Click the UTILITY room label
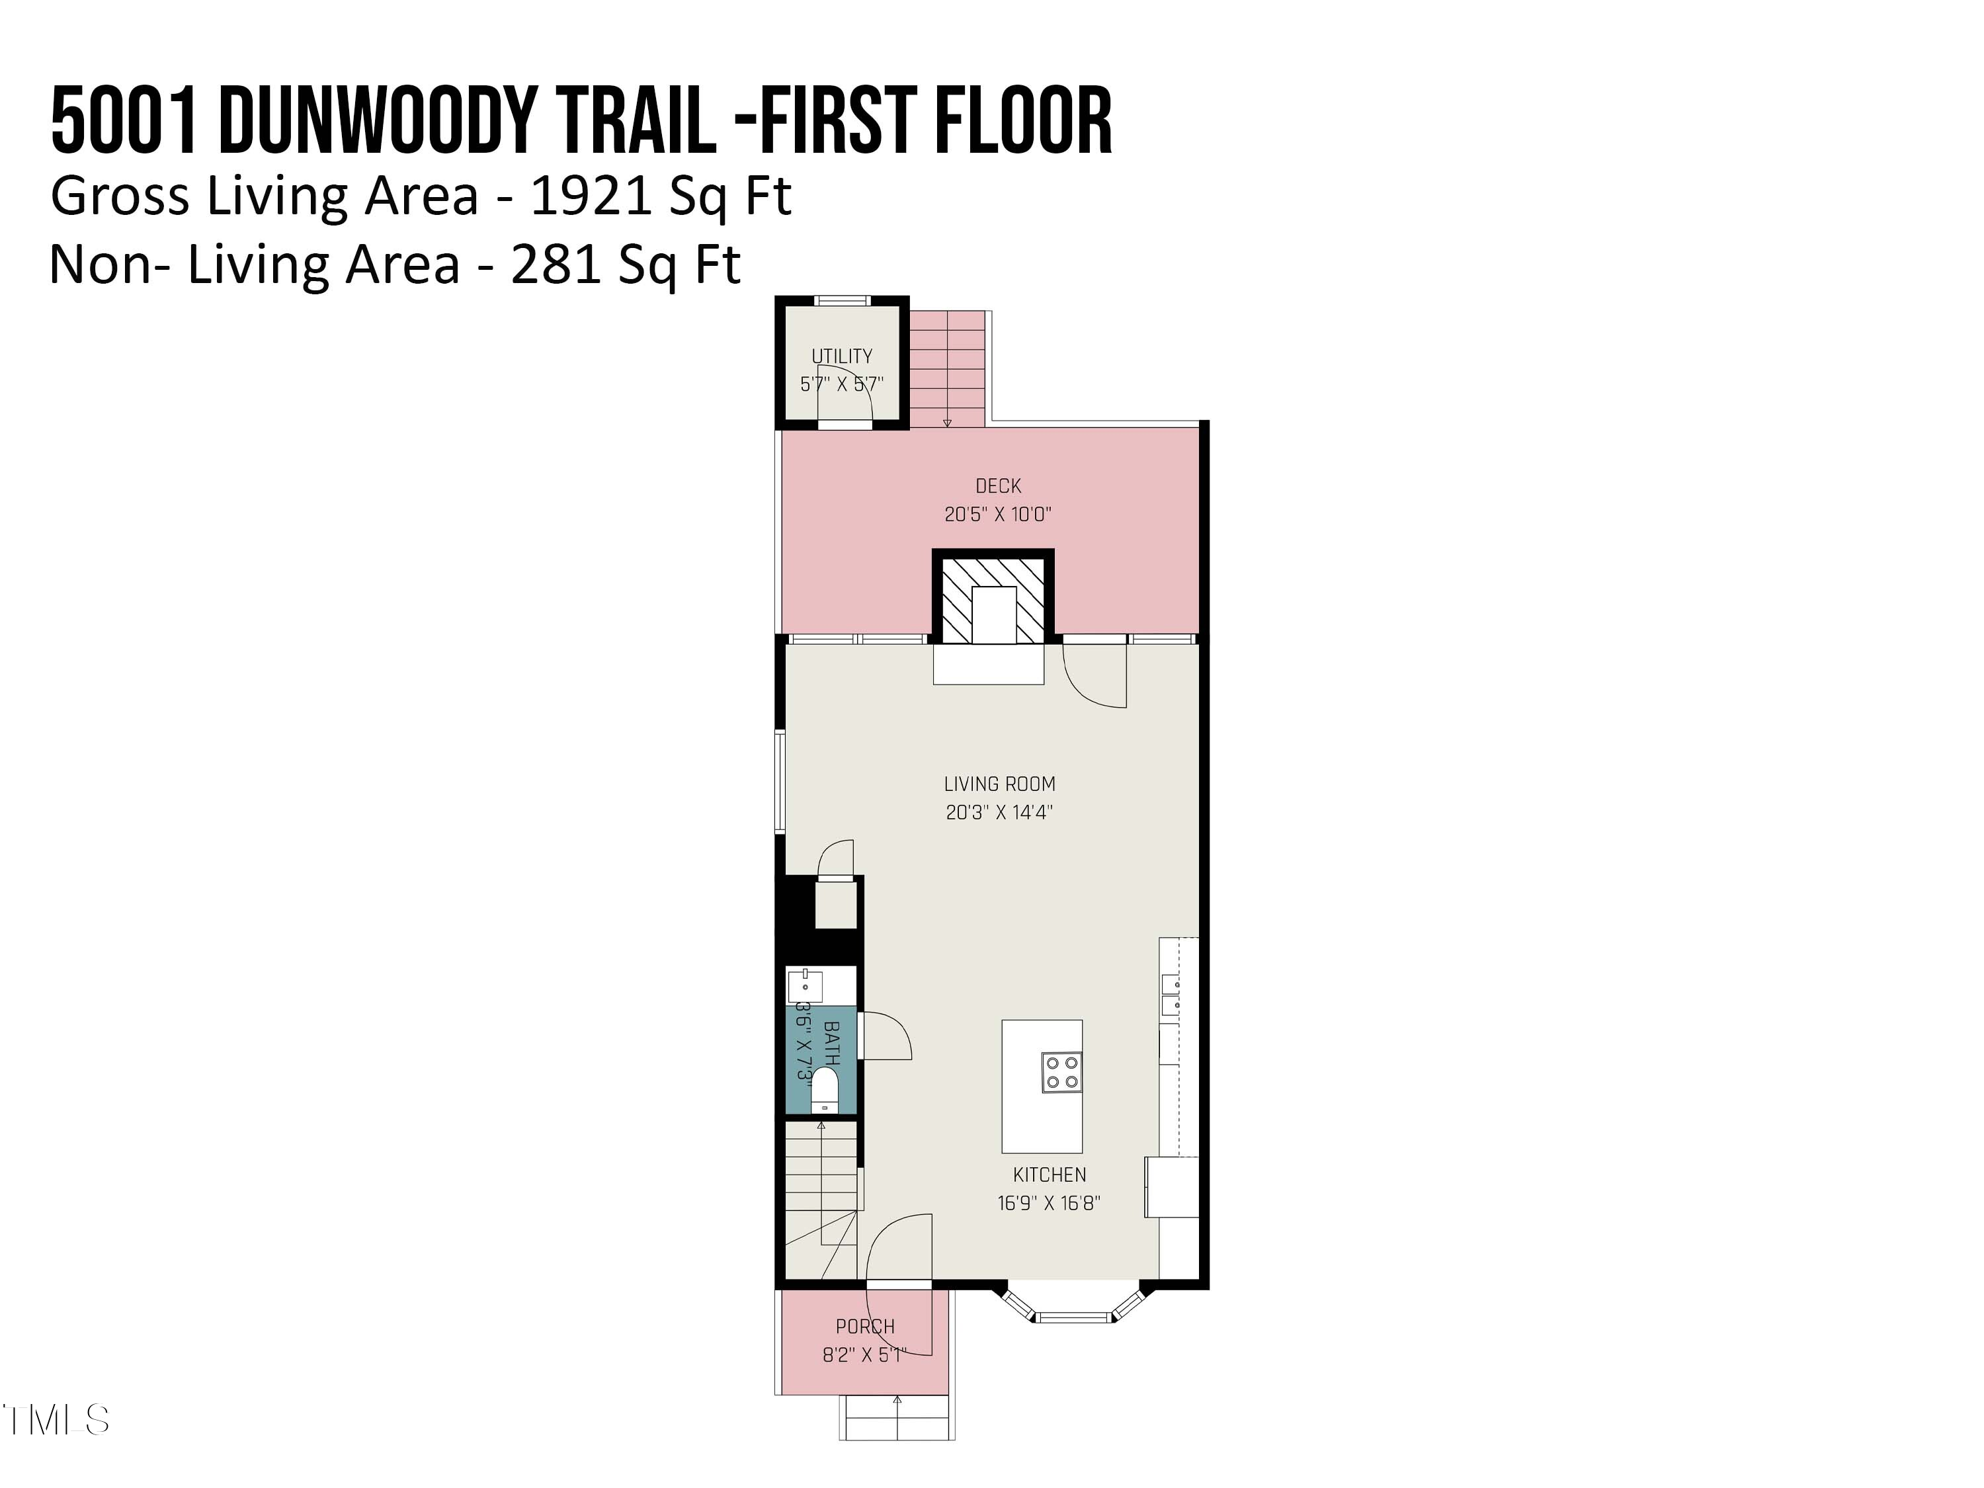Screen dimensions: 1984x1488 point(841,356)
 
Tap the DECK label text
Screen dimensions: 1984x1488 point(998,486)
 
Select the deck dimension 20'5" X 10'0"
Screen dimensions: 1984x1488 point(997,515)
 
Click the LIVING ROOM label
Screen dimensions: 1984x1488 point(999,784)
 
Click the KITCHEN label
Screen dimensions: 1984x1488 point(1050,1175)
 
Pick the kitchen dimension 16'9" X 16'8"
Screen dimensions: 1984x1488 point(1048,1204)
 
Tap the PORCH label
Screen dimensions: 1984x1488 point(864,1327)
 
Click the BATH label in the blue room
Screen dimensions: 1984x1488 point(831,1043)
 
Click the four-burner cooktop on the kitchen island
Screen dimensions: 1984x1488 point(1062,1073)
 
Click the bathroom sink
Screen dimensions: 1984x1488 point(805,985)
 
